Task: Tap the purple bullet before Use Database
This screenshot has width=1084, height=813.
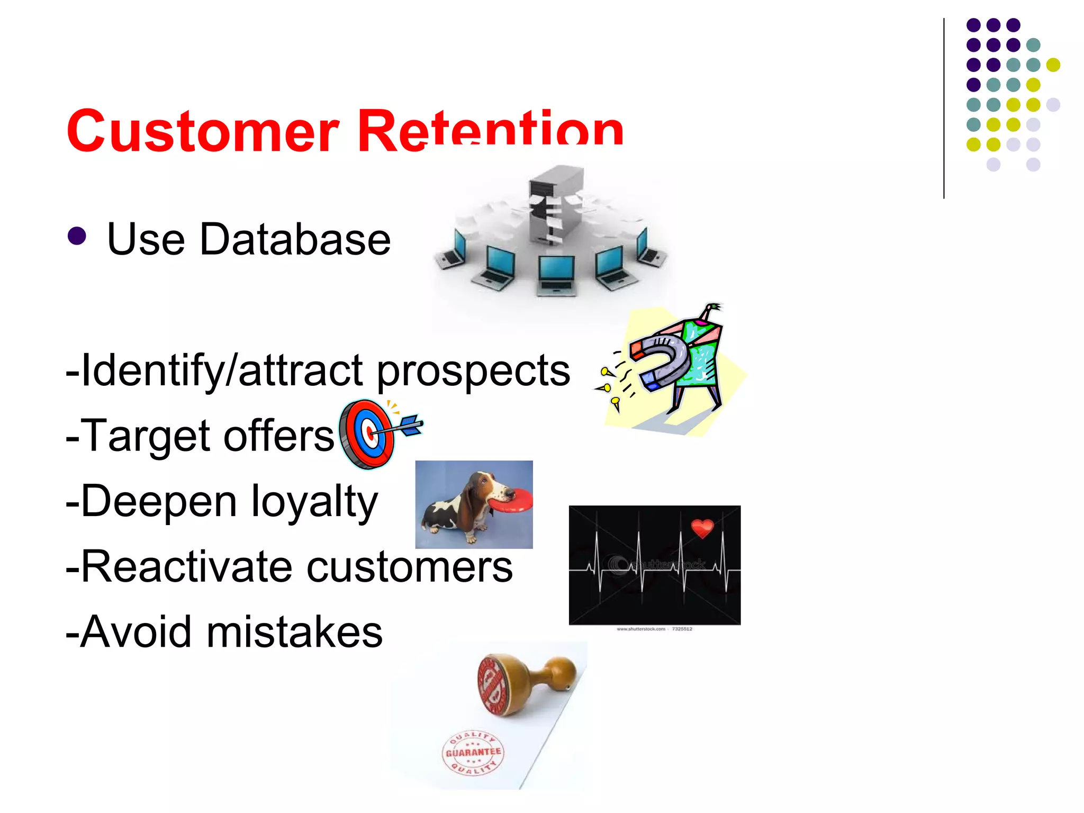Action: (x=77, y=236)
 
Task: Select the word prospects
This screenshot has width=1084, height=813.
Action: (x=473, y=371)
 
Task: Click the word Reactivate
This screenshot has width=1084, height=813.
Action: (x=186, y=567)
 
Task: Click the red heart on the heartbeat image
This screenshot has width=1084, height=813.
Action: (x=702, y=527)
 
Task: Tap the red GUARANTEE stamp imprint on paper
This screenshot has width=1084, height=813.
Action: (x=472, y=753)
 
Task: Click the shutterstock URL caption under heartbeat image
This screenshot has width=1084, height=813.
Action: (x=654, y=629)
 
